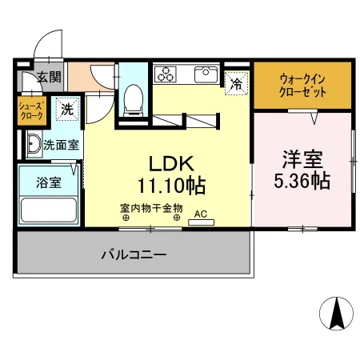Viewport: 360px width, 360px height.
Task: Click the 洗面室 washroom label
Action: pos(61,146)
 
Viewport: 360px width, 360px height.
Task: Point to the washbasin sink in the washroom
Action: pos(33,145)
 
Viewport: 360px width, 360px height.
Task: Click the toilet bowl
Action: pos(134,100)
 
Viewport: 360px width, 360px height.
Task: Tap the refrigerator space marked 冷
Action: pos(236,82)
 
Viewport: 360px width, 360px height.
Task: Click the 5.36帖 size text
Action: pos(302,180)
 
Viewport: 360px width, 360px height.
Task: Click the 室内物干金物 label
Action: pos(151,208)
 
